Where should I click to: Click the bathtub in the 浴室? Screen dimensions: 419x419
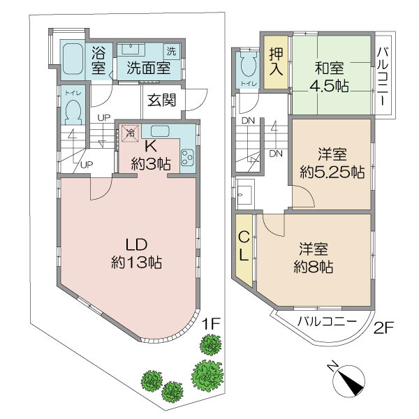coord(73,59)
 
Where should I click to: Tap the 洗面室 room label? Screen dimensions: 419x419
coord(149,68)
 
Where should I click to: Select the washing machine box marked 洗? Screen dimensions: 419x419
coord(171,51)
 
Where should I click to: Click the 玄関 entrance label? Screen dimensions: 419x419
coord(162,100)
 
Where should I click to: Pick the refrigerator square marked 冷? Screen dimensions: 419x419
coord(131,133)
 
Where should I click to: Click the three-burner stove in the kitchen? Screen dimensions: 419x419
coord(188,158)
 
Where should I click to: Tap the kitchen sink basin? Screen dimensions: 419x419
coord(160,131)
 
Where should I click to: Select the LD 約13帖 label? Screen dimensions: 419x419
coord(137,253)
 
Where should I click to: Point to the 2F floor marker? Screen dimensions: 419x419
coord(383,329)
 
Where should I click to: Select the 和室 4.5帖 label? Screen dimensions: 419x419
coord(329,77)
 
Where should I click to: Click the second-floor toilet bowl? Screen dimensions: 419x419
coord(249,66)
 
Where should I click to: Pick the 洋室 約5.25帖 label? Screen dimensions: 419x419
coord(332,163)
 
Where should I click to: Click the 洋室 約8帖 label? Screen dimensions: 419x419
coord(314,258)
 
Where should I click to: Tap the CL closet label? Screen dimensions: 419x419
coord(244,246)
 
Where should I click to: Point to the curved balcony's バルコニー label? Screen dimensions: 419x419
coord(328,321)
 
